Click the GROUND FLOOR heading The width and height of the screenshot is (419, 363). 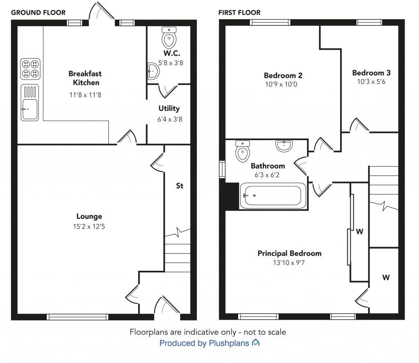click(38, 13)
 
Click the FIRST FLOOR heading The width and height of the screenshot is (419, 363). click(239, 13)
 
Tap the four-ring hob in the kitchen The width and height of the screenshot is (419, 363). click(30, 69)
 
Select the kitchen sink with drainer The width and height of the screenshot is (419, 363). click(30, 102)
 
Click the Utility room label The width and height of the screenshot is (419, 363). click(169, 109)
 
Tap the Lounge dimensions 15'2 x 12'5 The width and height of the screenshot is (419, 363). click(89, 226)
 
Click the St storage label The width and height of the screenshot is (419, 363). click(179, 186)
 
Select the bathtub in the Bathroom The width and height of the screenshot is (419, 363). click(272, 195)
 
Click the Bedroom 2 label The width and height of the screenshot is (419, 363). click(283, 75)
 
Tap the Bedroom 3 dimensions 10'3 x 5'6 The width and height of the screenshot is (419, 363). click(371, 82)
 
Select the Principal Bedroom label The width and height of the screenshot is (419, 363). click(289, 254)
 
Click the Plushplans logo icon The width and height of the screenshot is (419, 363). click(256, 343)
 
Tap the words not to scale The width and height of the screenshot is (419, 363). click(266, 332)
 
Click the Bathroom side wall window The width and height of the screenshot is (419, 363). click(222, 170)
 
